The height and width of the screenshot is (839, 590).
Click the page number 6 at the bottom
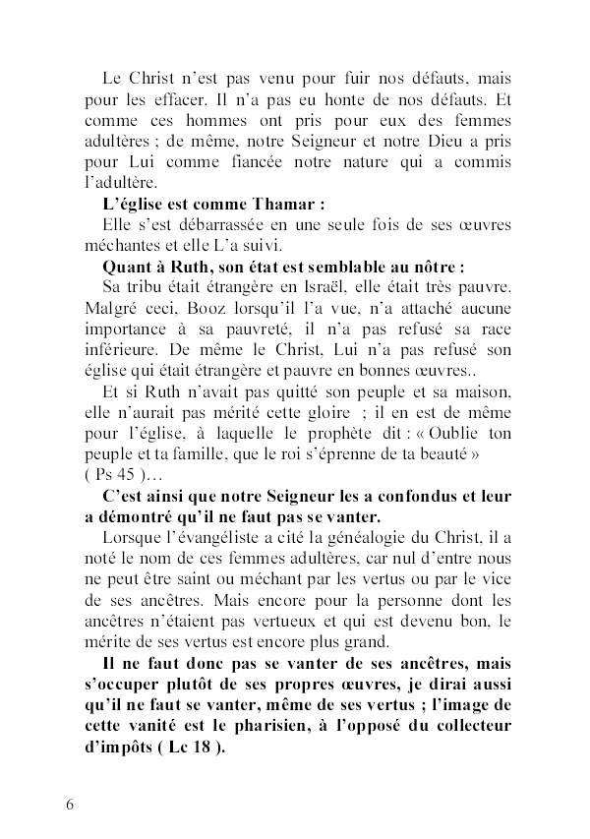pyautogui.click(x=70, y=804)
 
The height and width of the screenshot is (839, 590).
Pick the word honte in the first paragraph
pyautogui.click(x=294, y=100)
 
